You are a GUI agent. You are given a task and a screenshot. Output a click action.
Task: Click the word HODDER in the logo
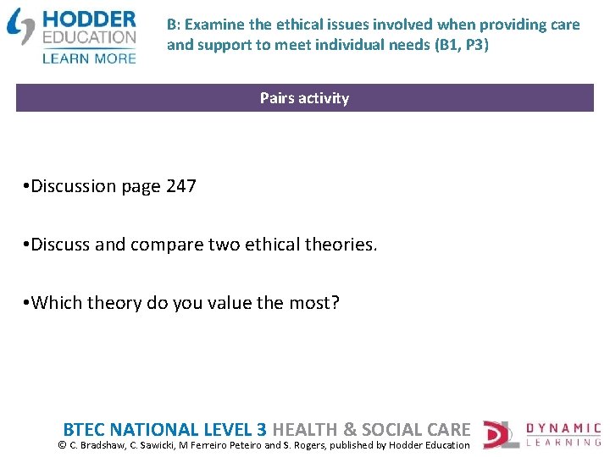click(88, 19)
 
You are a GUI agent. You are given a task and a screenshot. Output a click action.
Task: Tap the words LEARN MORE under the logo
click(88, 58)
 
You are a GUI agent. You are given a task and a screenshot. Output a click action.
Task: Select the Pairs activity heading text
click(304, 98)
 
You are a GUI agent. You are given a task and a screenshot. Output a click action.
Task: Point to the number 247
click(181, 186)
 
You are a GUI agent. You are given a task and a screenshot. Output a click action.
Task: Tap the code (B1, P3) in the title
click(462, 44)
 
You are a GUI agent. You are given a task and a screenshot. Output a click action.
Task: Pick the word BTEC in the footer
click(86, 430)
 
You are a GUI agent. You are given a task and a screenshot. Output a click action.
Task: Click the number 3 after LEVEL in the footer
click(261, 430)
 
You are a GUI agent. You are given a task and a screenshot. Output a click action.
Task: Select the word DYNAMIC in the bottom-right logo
click(563, 429)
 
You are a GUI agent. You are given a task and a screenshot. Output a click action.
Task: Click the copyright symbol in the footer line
click(62, 445)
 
